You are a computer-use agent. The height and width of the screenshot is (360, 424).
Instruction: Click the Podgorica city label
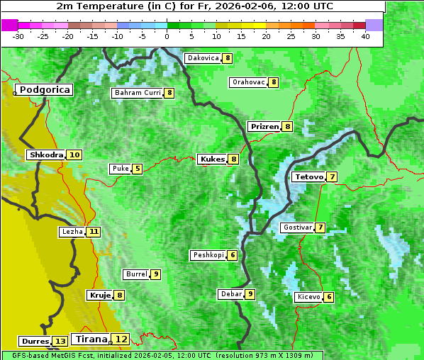click(44, 90)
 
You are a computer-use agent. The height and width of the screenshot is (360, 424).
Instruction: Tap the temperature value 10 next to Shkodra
click(74, 154)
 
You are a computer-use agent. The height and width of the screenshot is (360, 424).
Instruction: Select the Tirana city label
click(91, 339)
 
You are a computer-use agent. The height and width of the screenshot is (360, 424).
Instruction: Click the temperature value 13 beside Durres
click(60, 342)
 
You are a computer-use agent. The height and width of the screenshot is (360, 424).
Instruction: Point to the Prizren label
click(264, 127)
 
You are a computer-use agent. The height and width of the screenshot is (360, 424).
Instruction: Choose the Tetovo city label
click(308, 176)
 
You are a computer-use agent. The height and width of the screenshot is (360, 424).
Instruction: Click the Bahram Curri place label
click(138, 93)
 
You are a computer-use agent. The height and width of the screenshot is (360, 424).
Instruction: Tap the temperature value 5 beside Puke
click(137, 169)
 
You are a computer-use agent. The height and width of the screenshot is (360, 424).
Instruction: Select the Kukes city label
click(212, 159)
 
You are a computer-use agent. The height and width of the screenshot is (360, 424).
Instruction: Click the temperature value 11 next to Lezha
click(94, 232)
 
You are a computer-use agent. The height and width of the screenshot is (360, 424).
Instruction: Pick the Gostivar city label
click(296, 227)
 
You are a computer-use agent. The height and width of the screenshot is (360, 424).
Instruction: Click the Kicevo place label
click(308, 297)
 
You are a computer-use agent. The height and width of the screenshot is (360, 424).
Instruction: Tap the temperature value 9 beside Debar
click(250, 294)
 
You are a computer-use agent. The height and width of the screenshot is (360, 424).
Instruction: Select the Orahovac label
click(248, 82)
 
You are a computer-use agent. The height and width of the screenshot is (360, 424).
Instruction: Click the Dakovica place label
click(202, 58)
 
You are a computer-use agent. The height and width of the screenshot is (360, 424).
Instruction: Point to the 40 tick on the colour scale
click(365, 36)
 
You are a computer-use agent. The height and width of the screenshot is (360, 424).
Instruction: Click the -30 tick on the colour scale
click(18, 36)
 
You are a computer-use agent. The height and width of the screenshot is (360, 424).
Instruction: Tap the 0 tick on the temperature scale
click(167, 36)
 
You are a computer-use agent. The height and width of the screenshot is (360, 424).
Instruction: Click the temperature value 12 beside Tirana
click(122, 339)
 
